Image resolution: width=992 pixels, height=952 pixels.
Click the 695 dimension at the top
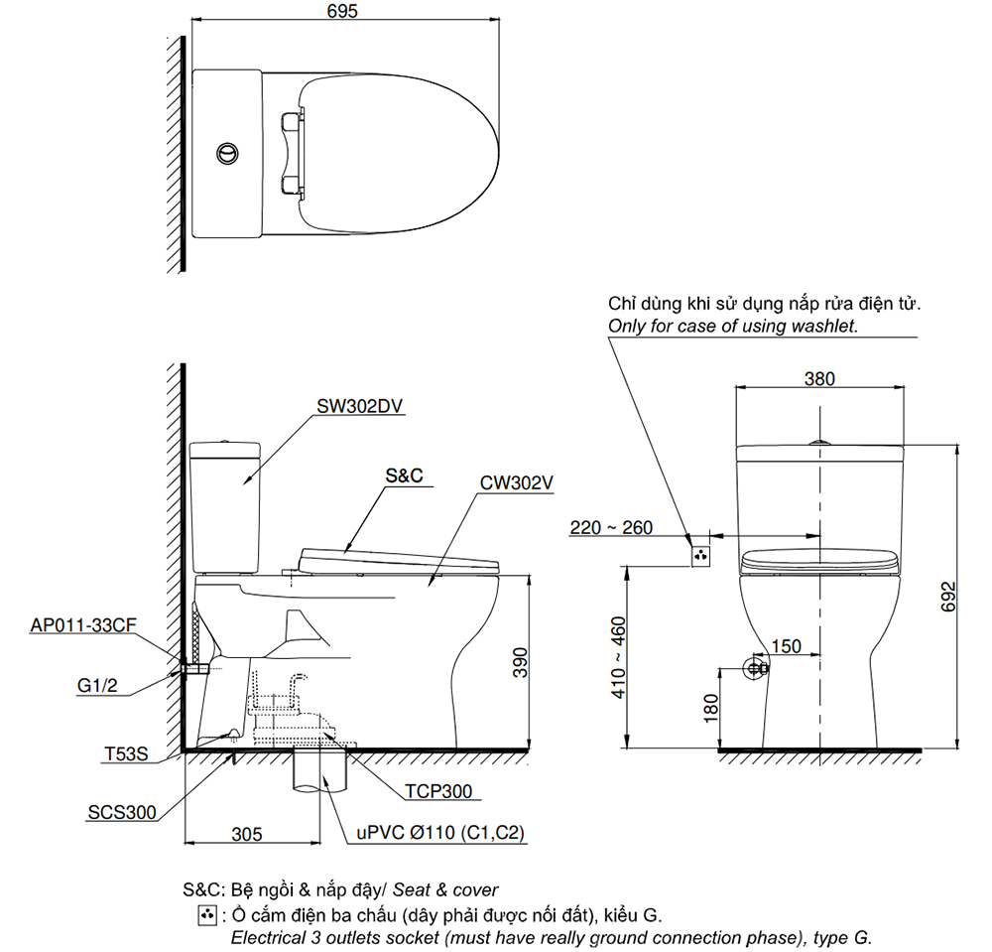tap(341, 11)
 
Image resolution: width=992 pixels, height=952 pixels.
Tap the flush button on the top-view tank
tap(227, 153)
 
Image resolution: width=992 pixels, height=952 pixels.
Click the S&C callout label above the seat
tap(404, 476)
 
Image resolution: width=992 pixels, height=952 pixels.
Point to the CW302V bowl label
tap(516, 483)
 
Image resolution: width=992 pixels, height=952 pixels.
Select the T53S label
tap(126, 754)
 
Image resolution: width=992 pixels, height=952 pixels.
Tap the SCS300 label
tap(122, 812)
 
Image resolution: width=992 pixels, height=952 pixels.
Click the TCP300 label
tap(437, 791)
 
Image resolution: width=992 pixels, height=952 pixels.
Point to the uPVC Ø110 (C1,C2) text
tap(440, 834)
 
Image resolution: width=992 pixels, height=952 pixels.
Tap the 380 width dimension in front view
tap(819, 378)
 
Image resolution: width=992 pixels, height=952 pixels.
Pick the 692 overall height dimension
tap(947, 596)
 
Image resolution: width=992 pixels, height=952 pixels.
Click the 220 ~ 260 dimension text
tap(611, 527)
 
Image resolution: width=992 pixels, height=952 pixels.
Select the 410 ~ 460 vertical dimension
tap(617, 659)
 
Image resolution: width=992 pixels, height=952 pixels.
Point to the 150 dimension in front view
tap(786, 646)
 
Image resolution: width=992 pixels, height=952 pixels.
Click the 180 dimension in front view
tap(710, 708)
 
